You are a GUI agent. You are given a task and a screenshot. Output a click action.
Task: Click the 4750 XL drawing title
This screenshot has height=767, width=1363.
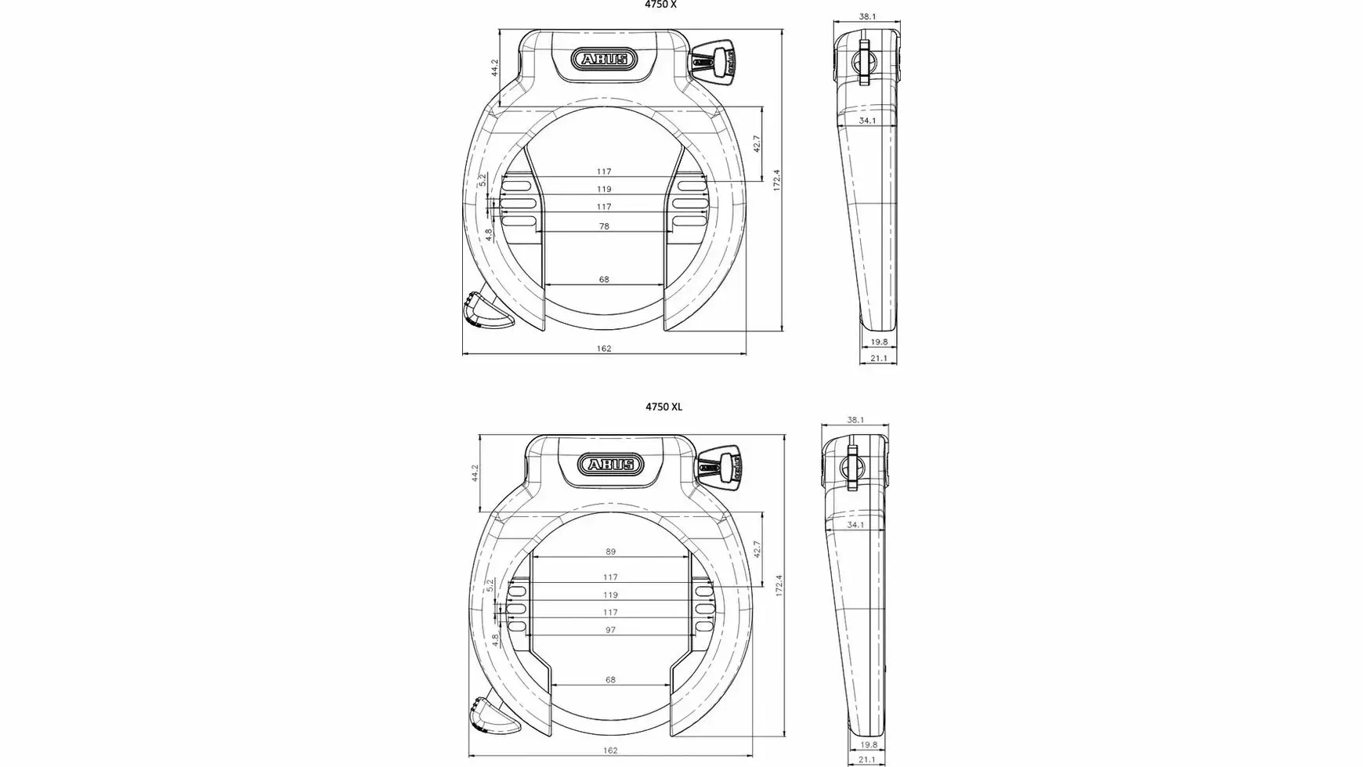tap(663, 407)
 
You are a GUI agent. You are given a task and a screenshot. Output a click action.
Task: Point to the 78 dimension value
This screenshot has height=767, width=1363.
tap(604, 226)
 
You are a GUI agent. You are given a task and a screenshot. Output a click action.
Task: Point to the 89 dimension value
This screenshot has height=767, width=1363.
tap(611, 552)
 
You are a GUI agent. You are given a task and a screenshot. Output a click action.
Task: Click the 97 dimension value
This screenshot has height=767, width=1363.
tap(611, 630)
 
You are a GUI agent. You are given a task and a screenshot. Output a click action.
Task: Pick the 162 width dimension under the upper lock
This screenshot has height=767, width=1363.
tap(604, 349)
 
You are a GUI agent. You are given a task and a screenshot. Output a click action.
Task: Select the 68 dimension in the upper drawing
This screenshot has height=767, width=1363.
tap(604, 279)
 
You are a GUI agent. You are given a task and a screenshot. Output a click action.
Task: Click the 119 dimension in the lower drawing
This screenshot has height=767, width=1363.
tap(611, 595)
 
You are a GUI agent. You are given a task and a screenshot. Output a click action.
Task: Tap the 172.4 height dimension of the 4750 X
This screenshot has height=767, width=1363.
tap(777, 180)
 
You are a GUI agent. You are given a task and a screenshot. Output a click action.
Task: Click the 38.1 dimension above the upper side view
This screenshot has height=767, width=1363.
tap(866, 16)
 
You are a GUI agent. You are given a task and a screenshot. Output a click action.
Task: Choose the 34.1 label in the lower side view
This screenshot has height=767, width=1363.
tap(855, 525)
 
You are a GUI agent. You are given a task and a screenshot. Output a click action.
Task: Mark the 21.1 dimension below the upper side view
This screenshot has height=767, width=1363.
tap(879, 359)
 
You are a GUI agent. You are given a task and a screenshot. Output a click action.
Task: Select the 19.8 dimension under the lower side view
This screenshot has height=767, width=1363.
tap(868, 745)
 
